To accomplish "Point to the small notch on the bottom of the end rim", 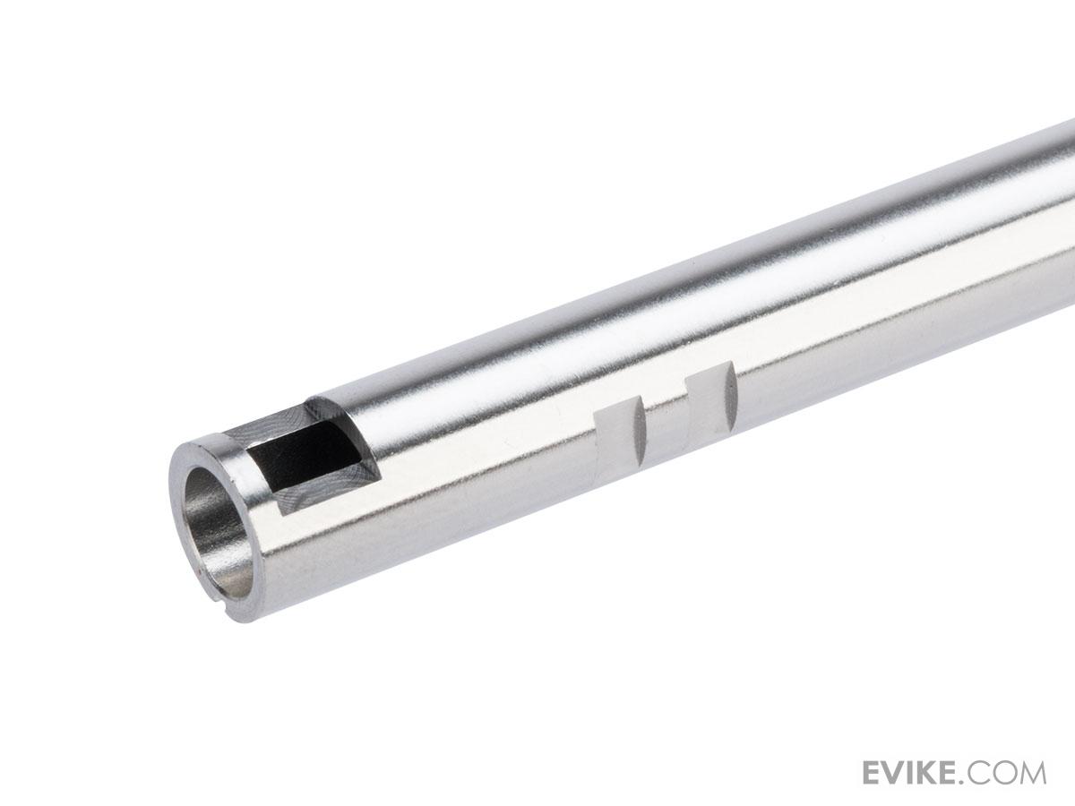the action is click(223, 608).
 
